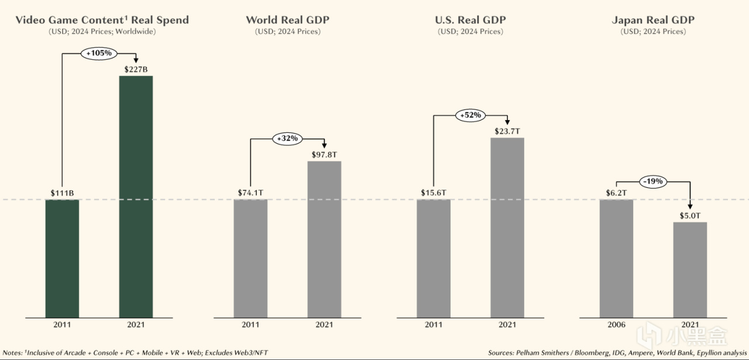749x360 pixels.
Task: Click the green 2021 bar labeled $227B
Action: coord(136,197)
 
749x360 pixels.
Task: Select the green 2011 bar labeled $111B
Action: coord(62,258)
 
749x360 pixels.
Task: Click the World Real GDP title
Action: coord(287,20)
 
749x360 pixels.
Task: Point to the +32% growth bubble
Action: coord(287,139)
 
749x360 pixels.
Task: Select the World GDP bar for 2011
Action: coord(250,258)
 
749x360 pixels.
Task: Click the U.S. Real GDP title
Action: coord(470,20)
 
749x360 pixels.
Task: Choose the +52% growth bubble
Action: coord(470,115)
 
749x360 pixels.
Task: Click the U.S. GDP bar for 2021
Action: coord(507,228)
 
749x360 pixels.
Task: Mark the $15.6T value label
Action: coord(434,192)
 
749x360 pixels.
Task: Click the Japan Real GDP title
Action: coord(653,20)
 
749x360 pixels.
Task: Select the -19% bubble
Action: coord(652,181)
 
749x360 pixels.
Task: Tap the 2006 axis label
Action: coord(616,325)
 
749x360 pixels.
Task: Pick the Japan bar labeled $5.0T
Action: coord(690,270)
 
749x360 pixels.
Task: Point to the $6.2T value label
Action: coord(616,192)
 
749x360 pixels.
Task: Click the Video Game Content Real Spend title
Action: coord(102,20)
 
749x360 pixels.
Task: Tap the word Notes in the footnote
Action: coord(13,353)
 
